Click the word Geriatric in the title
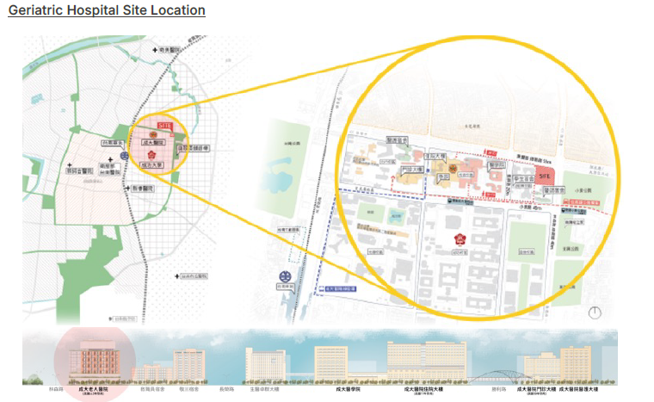click(x=40, y=10)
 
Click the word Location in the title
click(x=176, y=10)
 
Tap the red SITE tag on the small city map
click(x=165, y=126)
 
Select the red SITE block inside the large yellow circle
click(x=544, y=174)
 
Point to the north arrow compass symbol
click(x=593, y=313)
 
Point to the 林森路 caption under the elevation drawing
click(x=34, y=388)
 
